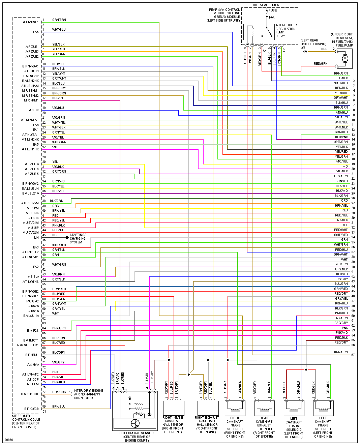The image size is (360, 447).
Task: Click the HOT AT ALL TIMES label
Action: click(266, 5)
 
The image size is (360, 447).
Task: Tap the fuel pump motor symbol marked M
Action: click(345, 59)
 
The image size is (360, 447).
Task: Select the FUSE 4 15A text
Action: click(271, 14)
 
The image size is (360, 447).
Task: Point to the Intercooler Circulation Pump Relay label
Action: click(286, 30)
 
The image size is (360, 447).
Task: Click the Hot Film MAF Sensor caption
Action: click(136, 437)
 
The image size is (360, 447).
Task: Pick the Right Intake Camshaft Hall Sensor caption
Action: click(173, 425)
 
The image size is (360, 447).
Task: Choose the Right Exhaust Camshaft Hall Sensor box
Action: click(208, 408)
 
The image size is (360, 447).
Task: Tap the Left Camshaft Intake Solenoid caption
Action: click(323, 427)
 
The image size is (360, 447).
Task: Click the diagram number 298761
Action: click(10, 440)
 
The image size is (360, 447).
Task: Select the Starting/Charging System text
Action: click(78, 238)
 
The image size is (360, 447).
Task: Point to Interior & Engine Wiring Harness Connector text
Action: click(89, 394)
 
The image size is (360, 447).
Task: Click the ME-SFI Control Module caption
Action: click(26, 421)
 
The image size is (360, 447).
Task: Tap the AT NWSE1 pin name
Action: click(31, 22)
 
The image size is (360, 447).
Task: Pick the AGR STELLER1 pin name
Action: click(28, 345)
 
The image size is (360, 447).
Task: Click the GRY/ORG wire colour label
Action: click(59, 392)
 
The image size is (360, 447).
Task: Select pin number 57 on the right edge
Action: click(353, 355)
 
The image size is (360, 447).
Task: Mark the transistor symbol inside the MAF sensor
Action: click(135, 423)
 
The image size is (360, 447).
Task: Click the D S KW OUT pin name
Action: click(30, 394)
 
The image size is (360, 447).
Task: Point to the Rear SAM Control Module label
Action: click(224, 15)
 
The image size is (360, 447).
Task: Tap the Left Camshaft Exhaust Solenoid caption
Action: click(294, 427)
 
